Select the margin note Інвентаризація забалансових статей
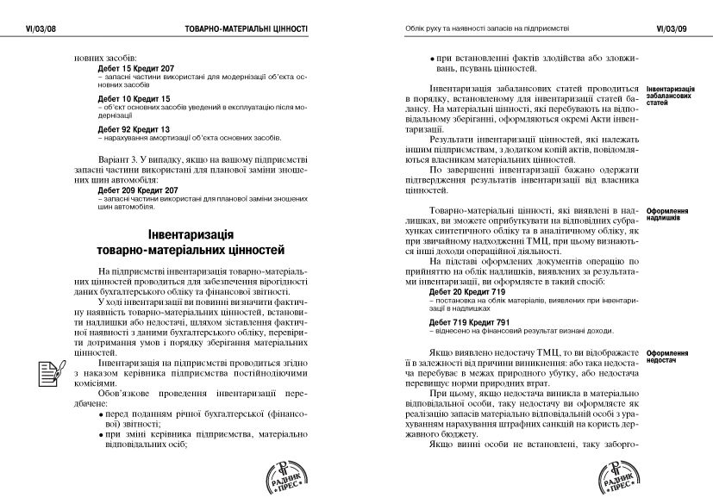point(671,96)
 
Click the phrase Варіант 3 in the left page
point(118,159)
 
